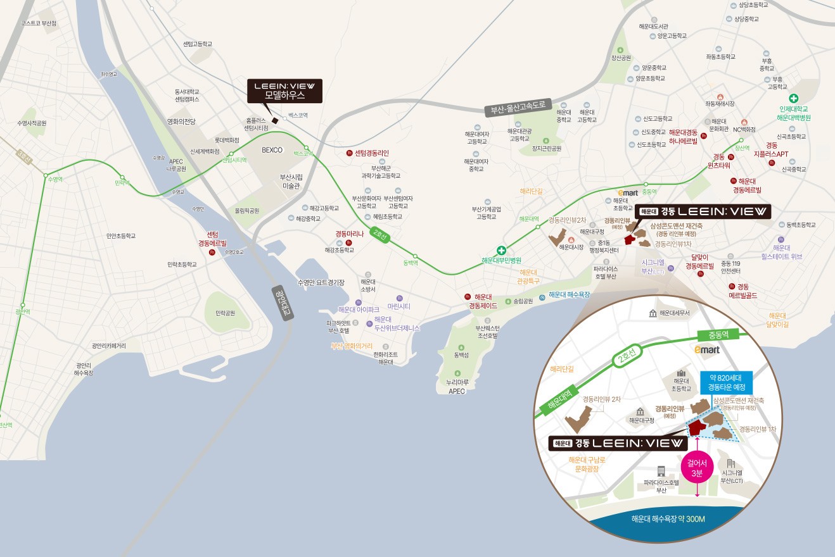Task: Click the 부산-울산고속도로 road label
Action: (518, 107)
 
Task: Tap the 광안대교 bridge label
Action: (283, 303)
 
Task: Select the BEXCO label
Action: (272, 150)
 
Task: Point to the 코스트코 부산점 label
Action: (39, 23)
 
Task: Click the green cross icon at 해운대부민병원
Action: (501, 250)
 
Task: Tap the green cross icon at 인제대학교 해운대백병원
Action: (793, 99)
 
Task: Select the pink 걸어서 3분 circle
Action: (697, 468)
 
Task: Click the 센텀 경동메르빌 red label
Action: (212, 239)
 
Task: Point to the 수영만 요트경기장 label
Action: (321, 282)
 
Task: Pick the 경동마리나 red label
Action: (349, 234)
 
